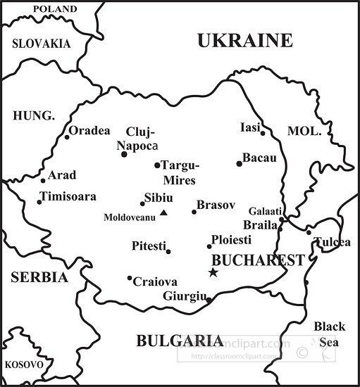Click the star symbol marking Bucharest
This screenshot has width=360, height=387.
click(213, 272)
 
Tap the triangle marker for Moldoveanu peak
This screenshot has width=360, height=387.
click(163, 212)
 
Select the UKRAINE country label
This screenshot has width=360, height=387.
click(244, 41)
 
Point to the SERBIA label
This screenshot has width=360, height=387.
click(39, 277)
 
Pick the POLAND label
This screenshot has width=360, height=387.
click(55, 9)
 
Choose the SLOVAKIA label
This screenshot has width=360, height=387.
click(42, 44)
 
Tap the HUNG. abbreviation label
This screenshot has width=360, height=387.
click(34, 115)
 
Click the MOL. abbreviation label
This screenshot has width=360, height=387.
click(304, 132)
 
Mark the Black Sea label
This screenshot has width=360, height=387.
click(329, 334)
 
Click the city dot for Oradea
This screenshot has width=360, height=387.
click(68, 137)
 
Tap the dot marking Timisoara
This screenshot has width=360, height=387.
click(39, 202)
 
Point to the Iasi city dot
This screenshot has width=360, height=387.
click(263, 132)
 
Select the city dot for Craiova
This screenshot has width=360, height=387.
click(130, 278)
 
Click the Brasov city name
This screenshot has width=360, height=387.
click(216, 205)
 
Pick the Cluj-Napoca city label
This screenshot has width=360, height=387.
click(139, 139)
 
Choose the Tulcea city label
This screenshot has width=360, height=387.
click(332, 242)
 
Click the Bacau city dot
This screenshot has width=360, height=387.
click(239, 163)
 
